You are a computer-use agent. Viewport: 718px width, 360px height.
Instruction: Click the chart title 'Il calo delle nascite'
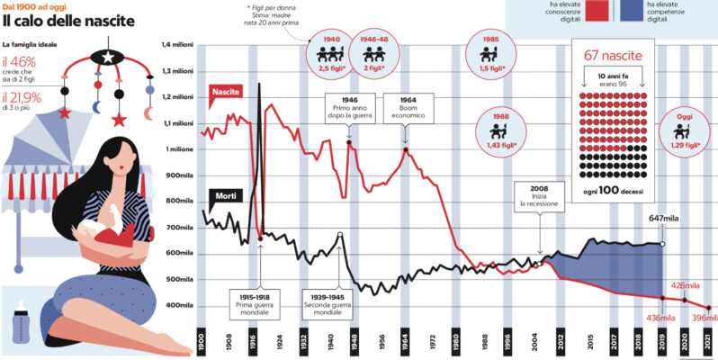pos(73,21)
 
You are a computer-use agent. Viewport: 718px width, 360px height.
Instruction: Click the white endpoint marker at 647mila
pos(663,243)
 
